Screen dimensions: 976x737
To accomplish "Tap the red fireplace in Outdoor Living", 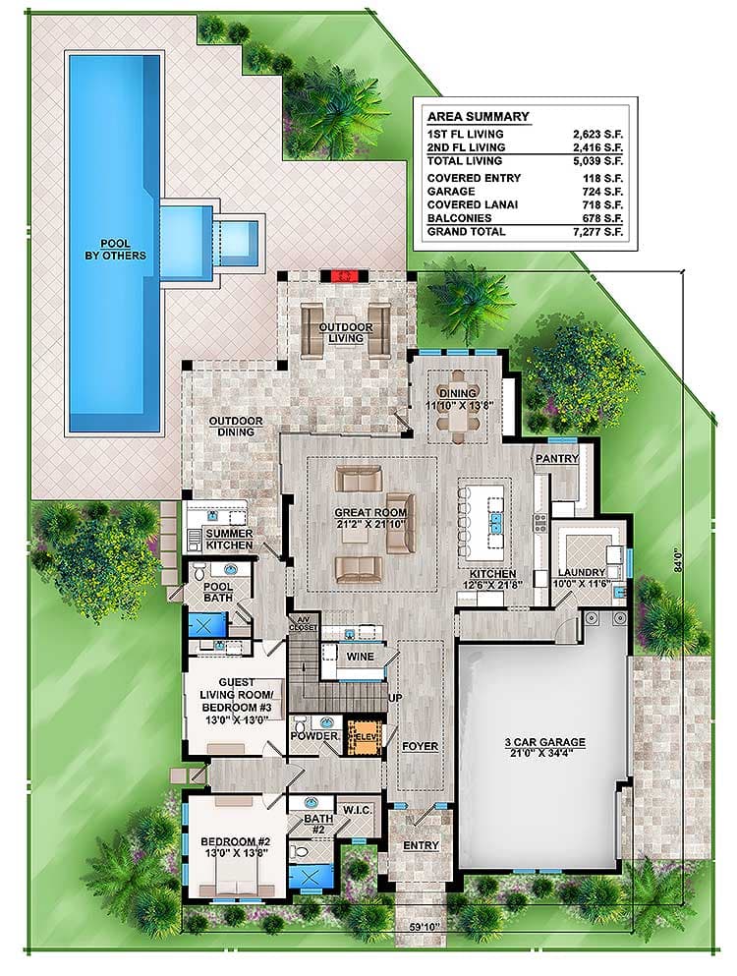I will (341, 277).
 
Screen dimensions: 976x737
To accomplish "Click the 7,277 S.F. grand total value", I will (573, 232).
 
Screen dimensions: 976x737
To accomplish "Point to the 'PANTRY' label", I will (557, 459).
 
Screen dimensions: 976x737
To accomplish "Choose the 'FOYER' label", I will (420, 747).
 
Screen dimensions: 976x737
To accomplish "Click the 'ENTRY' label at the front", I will (421, 846).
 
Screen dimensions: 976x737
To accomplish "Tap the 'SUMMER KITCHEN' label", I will (229, 539).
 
